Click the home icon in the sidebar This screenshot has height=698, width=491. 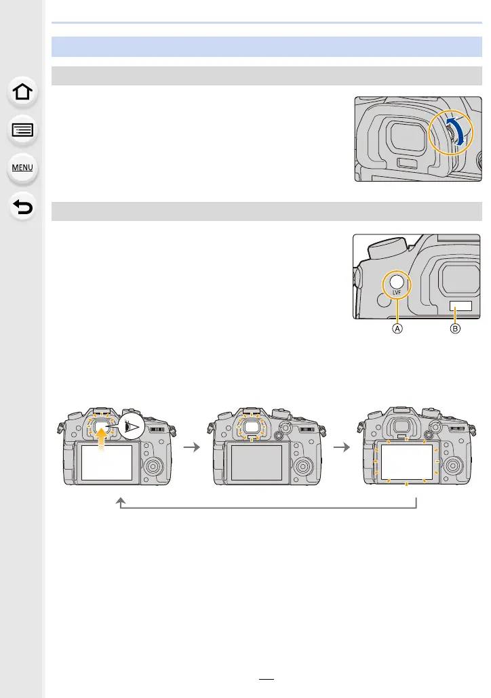[22, 91]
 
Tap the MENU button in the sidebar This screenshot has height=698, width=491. [22, 168]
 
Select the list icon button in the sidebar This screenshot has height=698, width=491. [22, 130]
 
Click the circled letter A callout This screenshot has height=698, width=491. [397, 329]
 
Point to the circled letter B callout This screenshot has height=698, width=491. [455, 329]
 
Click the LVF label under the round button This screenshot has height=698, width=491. [397, 293]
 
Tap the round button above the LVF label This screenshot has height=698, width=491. [397, 281]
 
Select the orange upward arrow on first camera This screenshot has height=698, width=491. [102, 438]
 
